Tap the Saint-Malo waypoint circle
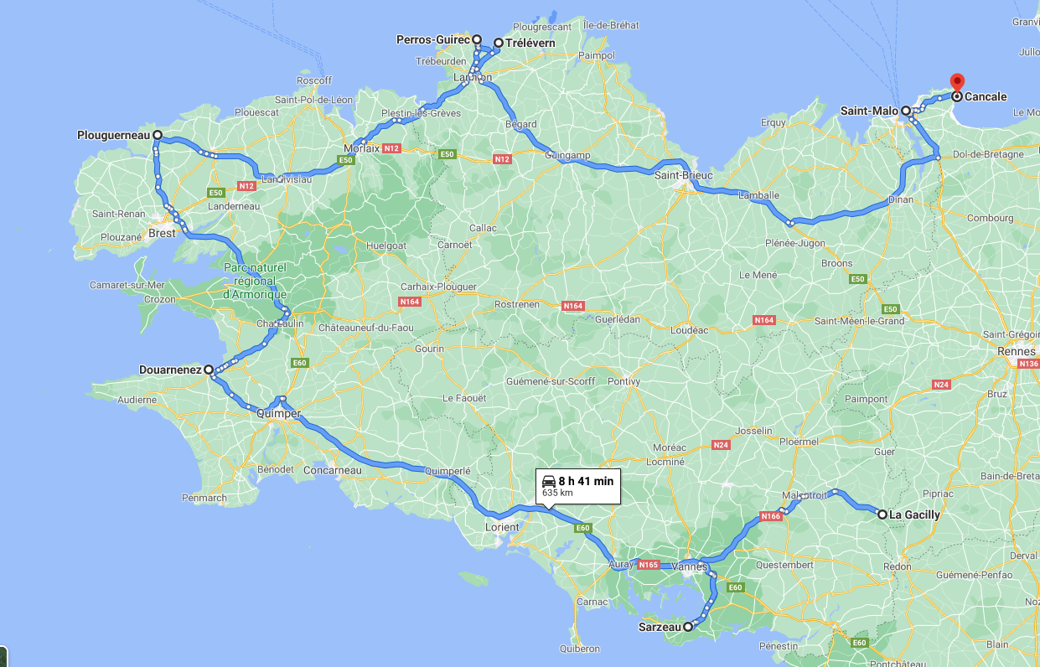(x=906, y=111)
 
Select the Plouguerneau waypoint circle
(x=157, y=134)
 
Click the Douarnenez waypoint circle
(x=208, y=369)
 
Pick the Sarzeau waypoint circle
(x=688, y=626)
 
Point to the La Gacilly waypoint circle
(x=882, y=514)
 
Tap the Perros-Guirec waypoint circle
(x=477, y=39)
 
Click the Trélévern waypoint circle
(x=499, y=43)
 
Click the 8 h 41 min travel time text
(x=586, y=481)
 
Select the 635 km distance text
(x=557, y=493)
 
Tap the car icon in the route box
(x=549, y=481)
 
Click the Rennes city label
(x=1016, y=351)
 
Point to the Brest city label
(x=162, y=233)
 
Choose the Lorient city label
(x=502, y=527)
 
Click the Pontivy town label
(x=624, y=381)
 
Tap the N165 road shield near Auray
(x=648, y=565)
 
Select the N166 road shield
(x=771, y=516)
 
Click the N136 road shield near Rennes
(x=1028, y=364)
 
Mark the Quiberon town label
(x=579, y=649)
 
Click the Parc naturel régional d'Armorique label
(x=255, y=281)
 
